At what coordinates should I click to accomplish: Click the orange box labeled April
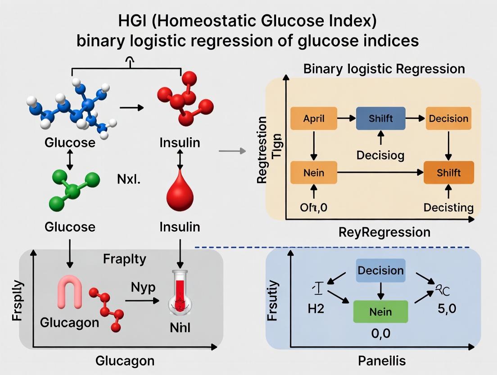click(x=314, y=119)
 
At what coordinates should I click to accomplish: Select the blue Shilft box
click(x=380, y=119)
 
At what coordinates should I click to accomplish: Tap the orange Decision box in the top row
click(x=448, y=119)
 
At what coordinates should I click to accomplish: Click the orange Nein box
click(x=314, y=173)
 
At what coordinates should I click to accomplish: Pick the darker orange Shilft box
click(x=448, y=173)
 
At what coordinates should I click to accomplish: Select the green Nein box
click(x=380, y=311)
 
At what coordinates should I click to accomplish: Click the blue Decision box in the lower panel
click(x=380, y=270)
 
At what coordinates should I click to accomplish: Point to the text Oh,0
click(x=313, y=208)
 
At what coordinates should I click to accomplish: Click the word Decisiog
click(x=380, y=155)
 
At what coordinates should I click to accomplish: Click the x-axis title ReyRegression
click(x=384, y=232)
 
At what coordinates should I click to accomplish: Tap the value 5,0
click(x=447, y=311)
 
